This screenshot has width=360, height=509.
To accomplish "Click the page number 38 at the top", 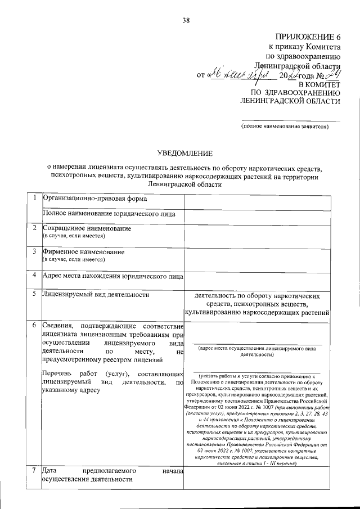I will coord(186,21).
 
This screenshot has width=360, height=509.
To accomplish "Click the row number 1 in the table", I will coord(35,198).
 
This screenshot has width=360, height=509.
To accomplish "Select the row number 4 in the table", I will coord(35,276).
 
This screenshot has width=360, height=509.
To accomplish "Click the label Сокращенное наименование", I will coord(87,228).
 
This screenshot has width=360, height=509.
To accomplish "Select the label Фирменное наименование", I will coord(84,253).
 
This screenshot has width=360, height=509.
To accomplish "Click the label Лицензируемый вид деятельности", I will coord(96,294).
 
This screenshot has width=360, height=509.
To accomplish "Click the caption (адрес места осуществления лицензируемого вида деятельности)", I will coord(256,352).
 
